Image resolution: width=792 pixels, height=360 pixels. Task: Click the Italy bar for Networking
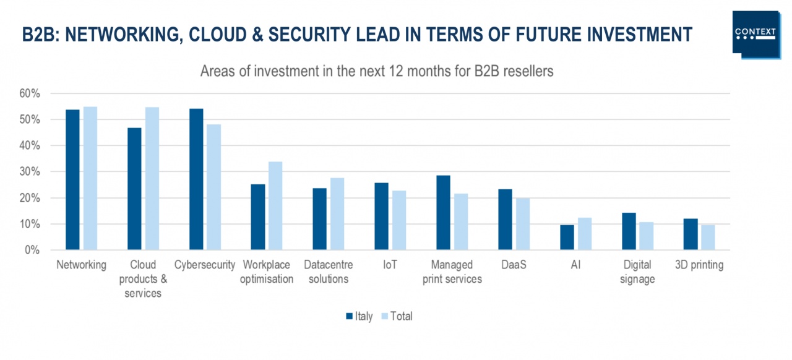(72, 179)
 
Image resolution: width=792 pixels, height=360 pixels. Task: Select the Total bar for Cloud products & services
(152, 179)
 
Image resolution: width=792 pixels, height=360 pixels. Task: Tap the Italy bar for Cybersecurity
(196, 179)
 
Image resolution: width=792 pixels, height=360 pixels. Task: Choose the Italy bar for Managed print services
(443, 213)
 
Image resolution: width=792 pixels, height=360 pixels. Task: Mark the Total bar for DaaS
(523, 224)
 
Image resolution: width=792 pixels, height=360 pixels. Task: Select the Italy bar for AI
(567, 238)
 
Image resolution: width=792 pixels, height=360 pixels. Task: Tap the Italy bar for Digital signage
(629, 231)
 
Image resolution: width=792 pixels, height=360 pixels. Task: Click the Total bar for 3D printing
(708, 238)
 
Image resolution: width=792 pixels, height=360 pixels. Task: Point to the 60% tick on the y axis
(29, 93)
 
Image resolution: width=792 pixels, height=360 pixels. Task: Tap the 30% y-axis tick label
(29, 172)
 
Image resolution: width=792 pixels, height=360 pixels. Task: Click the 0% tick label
(32, 251)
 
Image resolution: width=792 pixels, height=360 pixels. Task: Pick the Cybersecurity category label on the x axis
(205, 265)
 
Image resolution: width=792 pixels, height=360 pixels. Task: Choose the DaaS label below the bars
(514, 265)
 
